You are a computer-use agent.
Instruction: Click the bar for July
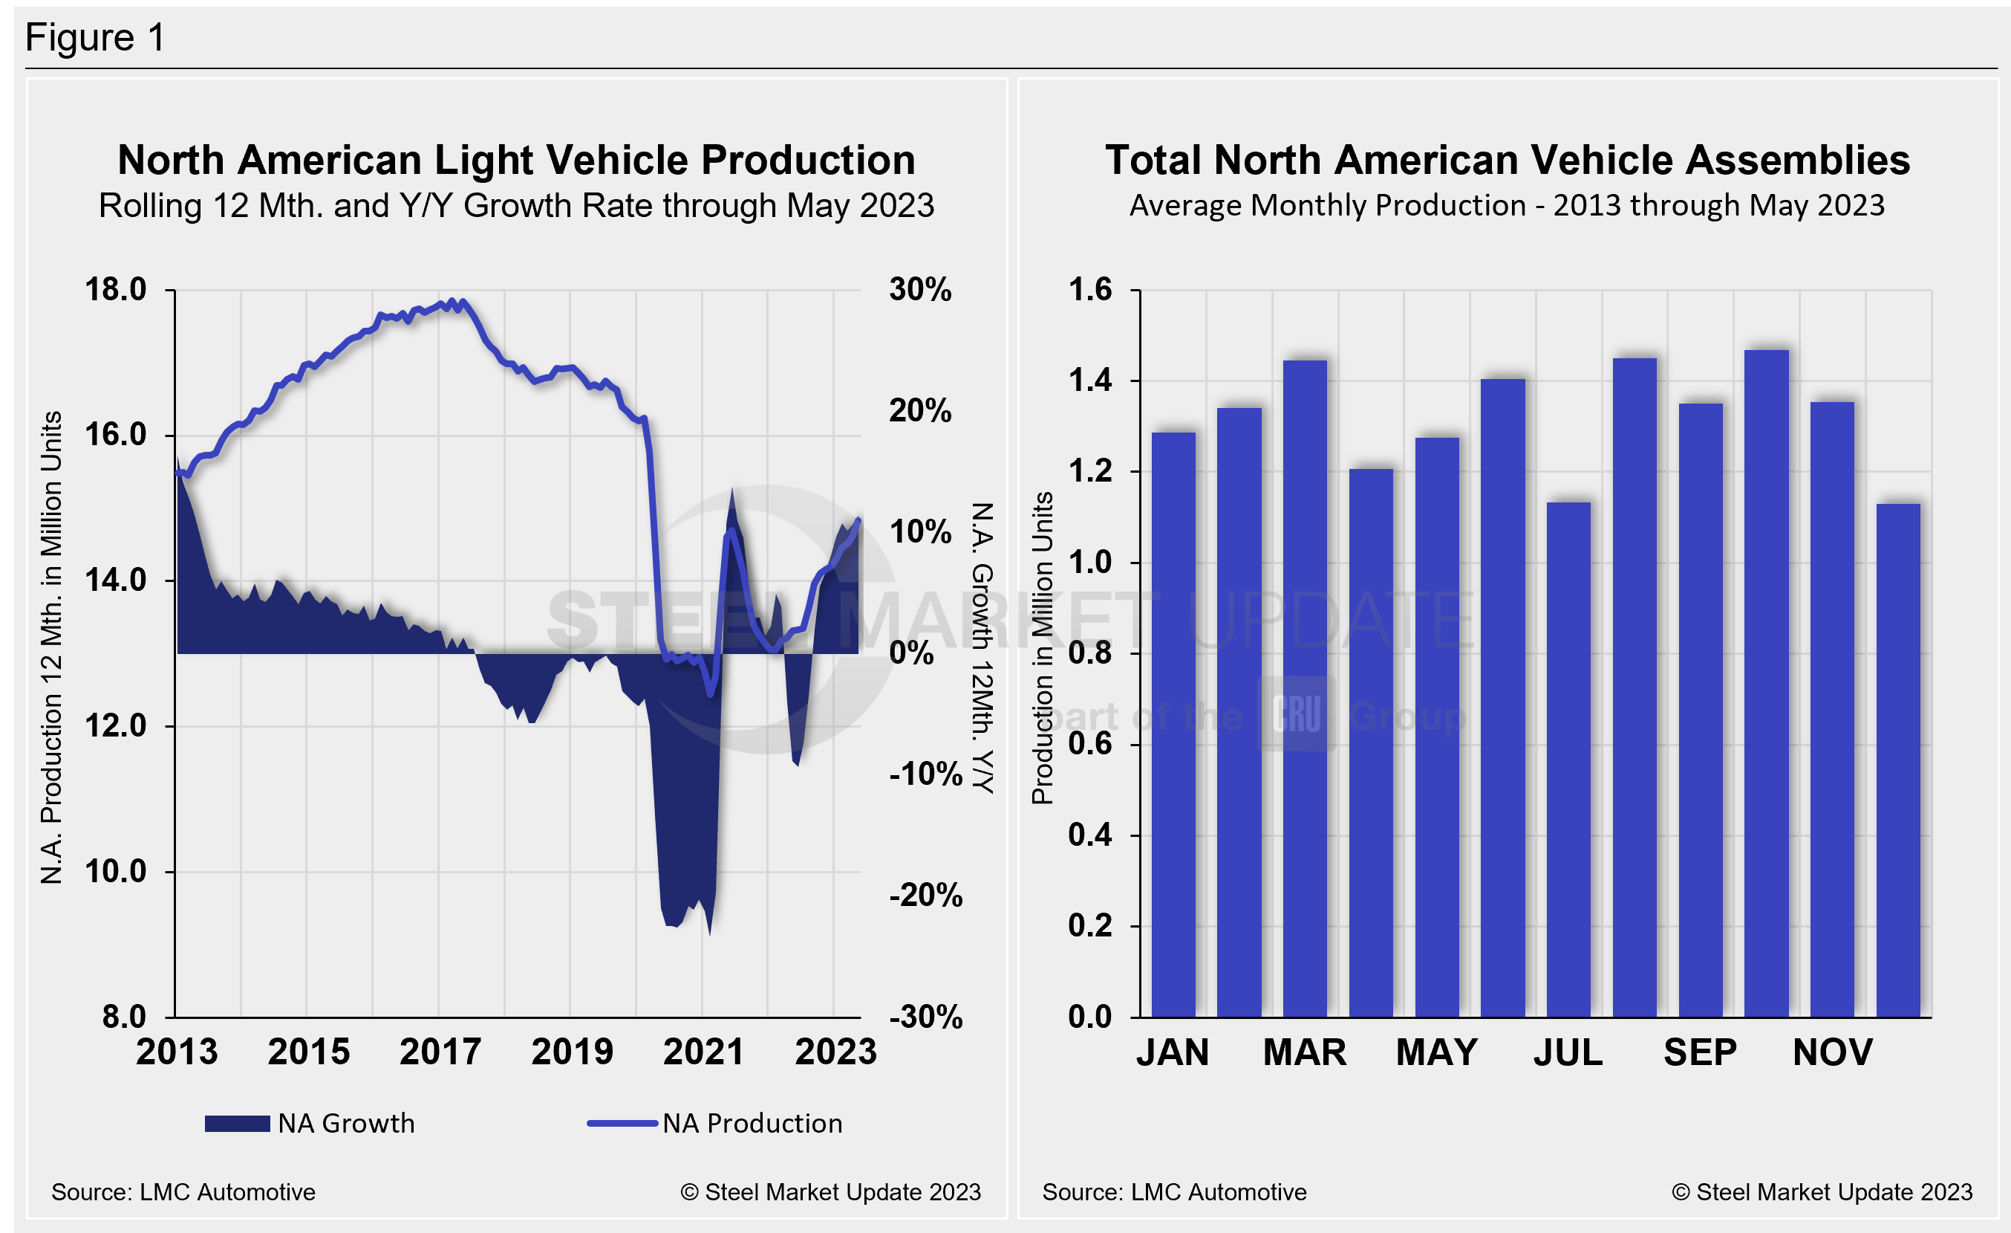point(1568,760)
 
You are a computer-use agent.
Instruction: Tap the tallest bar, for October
point(1766,684)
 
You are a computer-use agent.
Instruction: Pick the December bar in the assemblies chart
point(1897,760)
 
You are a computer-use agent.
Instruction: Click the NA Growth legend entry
point(310,1124)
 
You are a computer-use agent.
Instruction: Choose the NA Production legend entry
point(715,1124)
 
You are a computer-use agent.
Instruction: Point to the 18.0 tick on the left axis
point(116,290)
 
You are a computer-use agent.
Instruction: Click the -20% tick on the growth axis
point(925,896)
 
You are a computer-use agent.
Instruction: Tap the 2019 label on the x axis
point(571,1052)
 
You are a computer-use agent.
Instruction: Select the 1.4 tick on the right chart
point(1089,381)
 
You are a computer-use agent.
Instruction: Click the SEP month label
point(1700,1052)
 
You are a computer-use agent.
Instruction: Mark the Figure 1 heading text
point(96,38)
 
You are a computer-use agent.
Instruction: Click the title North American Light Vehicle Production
point(516,160)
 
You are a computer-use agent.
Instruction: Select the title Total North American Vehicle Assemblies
point(1507,160)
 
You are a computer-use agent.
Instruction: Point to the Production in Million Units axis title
point(1042,648)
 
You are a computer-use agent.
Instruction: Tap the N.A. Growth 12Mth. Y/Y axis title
point(982,648)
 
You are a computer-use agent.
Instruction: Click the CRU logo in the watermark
point(1296,715)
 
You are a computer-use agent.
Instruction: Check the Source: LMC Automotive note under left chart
point(183,1192)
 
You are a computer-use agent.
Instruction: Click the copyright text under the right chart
point(1822,1192)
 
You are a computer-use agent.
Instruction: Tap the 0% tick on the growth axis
point(911,653)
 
